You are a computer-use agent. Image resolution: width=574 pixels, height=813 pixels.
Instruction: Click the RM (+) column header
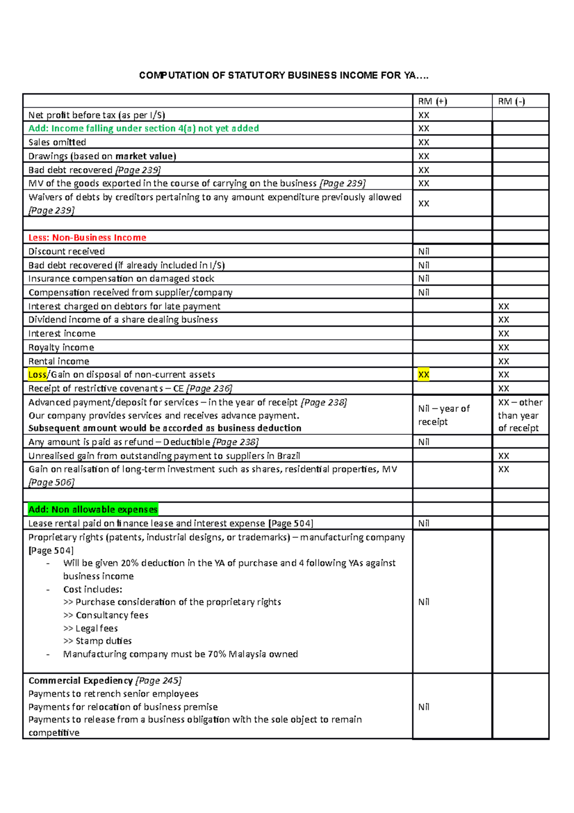coord(432,101)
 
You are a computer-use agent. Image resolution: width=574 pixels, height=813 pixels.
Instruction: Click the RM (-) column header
coord(511,101)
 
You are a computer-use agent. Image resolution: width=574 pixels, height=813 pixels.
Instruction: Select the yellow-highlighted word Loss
coord(37,374)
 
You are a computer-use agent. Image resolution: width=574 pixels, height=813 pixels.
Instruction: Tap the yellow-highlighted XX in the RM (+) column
coord(423,374)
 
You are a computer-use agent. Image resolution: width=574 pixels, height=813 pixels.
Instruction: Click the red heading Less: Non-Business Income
coord(87,237)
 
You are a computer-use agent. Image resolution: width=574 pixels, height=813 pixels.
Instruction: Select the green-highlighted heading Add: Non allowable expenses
coord(93,509)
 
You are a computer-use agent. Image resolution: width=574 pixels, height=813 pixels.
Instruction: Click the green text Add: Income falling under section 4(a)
coord(143,128)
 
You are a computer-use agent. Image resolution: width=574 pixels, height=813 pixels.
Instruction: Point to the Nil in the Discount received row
coord(423,251)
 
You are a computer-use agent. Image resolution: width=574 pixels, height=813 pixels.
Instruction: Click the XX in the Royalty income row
coord(503,347)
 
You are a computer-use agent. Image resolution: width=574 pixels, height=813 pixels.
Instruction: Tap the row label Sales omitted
coord(57,142)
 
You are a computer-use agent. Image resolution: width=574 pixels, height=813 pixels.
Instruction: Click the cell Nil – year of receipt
coord(443,415)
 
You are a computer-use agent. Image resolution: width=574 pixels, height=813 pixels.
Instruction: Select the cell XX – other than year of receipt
coord(519,415)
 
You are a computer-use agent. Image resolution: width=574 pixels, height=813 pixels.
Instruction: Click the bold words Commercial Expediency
coord(80,680)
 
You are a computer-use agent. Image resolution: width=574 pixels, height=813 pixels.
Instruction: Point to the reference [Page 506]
coord(51,482)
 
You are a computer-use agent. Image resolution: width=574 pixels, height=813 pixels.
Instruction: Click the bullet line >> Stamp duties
coord(97,641)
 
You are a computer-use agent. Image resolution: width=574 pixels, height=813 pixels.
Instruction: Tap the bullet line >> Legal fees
coord(90,628)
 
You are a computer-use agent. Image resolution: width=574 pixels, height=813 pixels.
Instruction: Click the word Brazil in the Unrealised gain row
coord(288,456)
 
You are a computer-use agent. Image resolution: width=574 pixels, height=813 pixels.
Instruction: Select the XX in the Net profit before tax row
coord(423,115)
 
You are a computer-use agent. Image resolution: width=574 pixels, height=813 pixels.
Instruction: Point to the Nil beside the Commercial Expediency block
coord(423,707)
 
